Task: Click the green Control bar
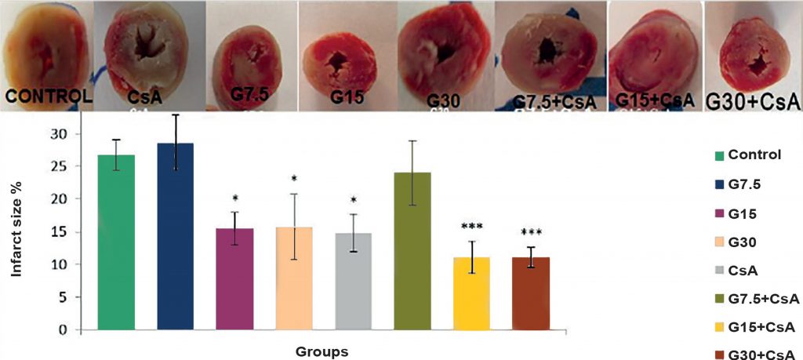(116, 242)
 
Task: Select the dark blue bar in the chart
(176, 236)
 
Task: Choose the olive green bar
(412, 251)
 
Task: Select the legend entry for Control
(754, 154)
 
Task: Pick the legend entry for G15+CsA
(753, 326)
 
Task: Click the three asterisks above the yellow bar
(472, 227)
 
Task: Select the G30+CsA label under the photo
(754, 101)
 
